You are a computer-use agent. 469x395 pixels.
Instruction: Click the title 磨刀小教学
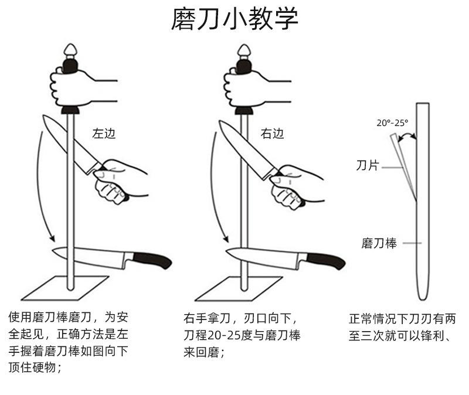[x=235, y=19]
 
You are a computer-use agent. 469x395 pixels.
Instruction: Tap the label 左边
[x=104, y=133]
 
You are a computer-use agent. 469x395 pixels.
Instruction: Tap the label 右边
[x=273, y=133]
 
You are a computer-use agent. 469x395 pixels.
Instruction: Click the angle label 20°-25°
[x=392, y=123]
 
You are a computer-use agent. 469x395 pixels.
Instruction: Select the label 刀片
[x=368, y=166]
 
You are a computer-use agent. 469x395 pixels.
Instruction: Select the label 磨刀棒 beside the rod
[x=378, y=243]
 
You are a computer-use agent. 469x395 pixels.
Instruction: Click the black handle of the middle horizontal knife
[x=324, y=260]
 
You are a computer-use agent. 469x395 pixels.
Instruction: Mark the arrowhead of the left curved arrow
[x=52, y=239]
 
